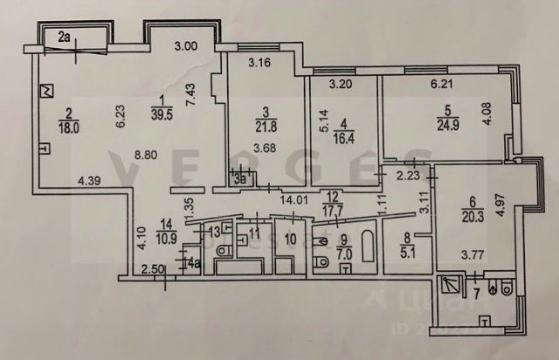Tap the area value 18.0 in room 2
coord(69,125)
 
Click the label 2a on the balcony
coord(66,36)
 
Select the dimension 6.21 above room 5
coord(444,85)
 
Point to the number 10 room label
coord(291,237)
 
